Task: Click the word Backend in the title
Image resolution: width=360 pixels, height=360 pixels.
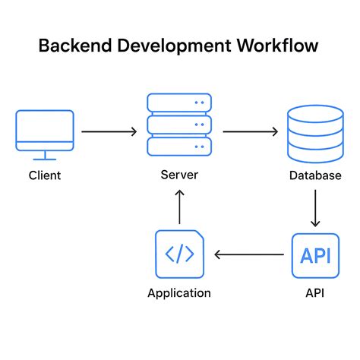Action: coord(74,46)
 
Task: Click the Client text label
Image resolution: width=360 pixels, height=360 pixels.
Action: coord(44,176)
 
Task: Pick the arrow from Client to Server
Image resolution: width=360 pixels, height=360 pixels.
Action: coord(109,131)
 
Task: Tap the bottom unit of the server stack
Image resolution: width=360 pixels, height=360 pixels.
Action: coord(179,147)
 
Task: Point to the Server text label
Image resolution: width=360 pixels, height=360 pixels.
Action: coord(179,175)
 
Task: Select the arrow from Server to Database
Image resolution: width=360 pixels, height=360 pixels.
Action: coord(250,131)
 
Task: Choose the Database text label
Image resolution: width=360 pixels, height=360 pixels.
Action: coord(315,176)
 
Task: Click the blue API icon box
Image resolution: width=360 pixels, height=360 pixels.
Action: coord(315,255)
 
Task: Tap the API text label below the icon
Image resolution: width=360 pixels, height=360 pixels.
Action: coord(315,293)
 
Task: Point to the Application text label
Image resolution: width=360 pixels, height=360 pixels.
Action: coord(179,293)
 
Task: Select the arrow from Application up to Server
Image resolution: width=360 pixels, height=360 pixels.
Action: coord(179,207)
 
